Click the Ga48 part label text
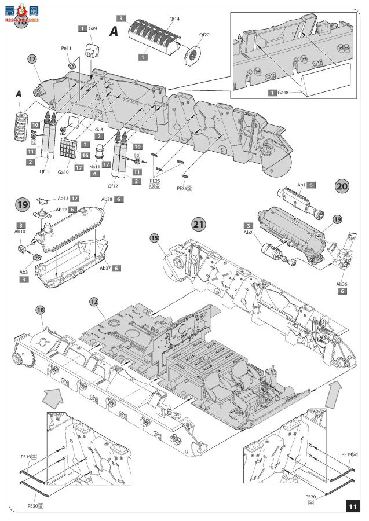point(284,93)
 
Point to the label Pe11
point(67,49)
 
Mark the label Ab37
point(105,268)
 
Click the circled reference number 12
point(94,302)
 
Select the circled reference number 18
point(41,311)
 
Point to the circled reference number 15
point(155,237)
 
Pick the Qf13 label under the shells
point(45,171)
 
